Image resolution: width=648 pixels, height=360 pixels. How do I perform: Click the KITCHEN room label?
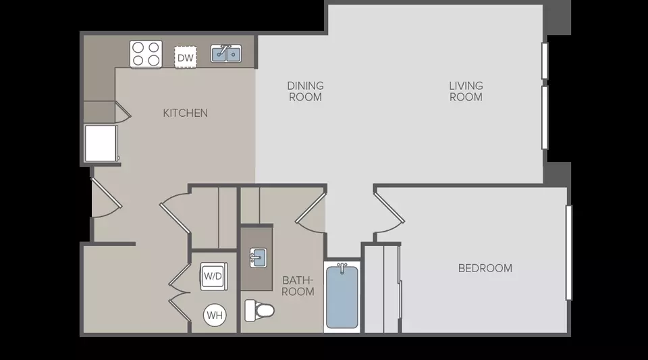(x=185, y=113)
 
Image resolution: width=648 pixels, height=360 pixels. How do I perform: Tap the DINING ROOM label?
(x=305, y=91)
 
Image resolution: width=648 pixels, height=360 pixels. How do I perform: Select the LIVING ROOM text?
(x=466, y=91)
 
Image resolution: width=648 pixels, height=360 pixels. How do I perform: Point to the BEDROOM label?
(x=485, y=268)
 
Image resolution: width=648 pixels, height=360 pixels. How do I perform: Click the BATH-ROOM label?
(x=298, y=286)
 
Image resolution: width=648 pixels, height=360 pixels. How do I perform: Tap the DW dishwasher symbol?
(x=185, y=57)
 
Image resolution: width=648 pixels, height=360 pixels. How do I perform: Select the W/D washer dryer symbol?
(x=214, y=276)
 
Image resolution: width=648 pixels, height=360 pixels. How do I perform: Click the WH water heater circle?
(x=215, y=315)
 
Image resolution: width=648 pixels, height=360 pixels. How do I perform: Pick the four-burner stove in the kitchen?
(x=146, y=54)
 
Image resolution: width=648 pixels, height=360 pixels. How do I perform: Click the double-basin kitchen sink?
(x=226, y=54)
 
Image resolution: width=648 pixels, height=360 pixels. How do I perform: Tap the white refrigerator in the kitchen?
(x=101, y=143)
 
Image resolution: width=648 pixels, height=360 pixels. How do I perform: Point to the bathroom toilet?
(x=259, y=311)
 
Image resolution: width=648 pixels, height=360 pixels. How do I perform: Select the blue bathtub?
(x=342, y=297)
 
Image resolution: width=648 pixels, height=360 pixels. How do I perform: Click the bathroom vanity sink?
(x=258, y=258)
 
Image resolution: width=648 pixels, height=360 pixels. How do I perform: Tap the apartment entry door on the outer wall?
(x=107, y=198)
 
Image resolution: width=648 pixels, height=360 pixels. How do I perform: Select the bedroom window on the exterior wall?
(x=568, y=253)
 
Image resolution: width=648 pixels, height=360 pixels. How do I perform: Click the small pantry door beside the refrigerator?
(x=123, y=112)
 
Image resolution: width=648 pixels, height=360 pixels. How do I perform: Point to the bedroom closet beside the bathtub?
(x=382, y=288)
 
